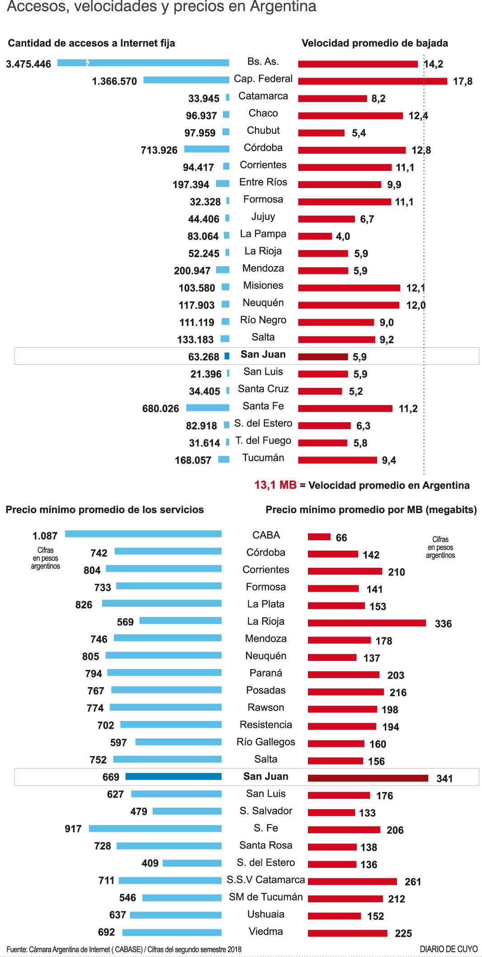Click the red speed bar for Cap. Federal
pyautogui.click(x=372, y=81)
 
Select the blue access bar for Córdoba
pyautogui.click(x=207, y=149)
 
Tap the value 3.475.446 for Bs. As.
pyautogui.click(x=28, y=64)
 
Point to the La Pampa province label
pyautogui.click(x=263, y=234)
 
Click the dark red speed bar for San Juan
pyautogui.click(x=323, y=357)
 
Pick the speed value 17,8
pyautogui.click(x=463, y=81)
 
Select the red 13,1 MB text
pyautogui.click(x=275, y=485)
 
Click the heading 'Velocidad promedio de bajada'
pyautogui.click(x=374, y=43)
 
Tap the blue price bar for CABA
pyautogui.click(x=143, y=534)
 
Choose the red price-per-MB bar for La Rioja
pyautogui.click(x=367, y=623)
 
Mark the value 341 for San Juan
pyautogui.click(x=444, y=778)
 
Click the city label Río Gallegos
pyautogui.click(x=265, y=742)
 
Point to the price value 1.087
pyautogui.click(x=45, y=536)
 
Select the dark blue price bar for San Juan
pyautogui.click(x=173, y=777)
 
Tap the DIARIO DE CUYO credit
pyautogui.click(x=448, y=949)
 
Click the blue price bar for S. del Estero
pyautogui.click(x=192, y=863)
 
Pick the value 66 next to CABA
pyautogui.click(x=341, y=538)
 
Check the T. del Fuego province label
pyautogui.click(x=263, y=441)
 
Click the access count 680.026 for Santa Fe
pyautogui.click(x=161, y=409)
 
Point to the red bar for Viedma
pyautogui.click(x=347, y=933)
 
